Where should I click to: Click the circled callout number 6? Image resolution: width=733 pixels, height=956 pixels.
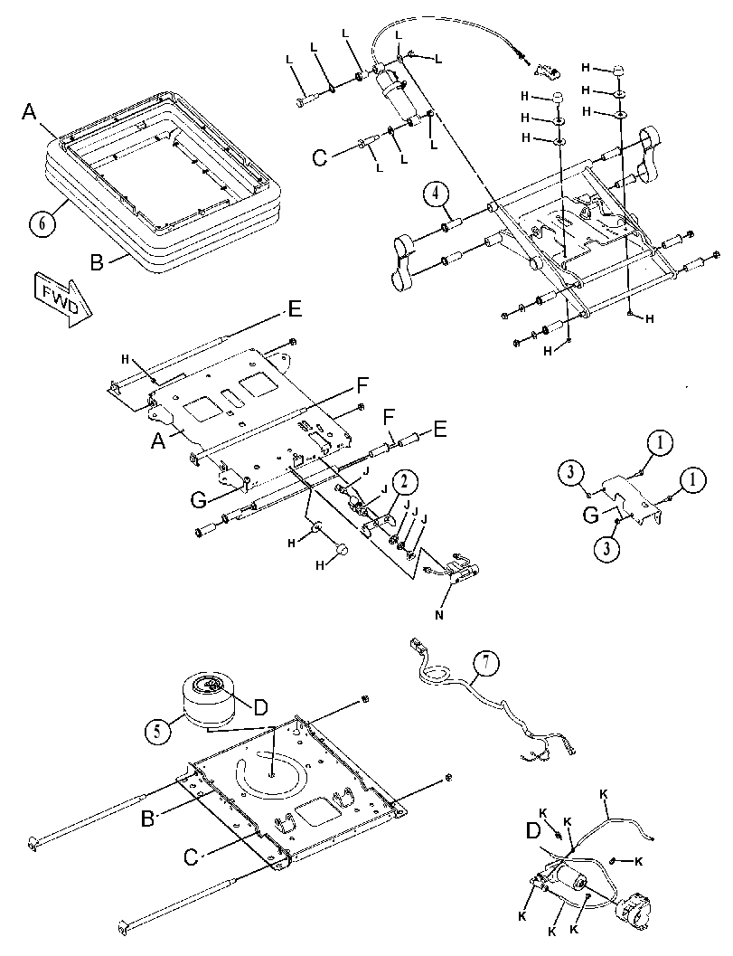click(42, 223)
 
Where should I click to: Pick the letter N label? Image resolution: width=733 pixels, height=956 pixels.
click(438, 615)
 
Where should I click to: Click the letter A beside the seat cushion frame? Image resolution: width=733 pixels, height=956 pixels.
click(29, 111)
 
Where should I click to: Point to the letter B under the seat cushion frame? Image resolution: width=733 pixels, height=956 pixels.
click(98, 263)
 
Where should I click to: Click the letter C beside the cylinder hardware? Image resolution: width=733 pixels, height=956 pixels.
click(319, 158)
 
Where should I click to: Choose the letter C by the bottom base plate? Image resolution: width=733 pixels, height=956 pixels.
click(192, 857)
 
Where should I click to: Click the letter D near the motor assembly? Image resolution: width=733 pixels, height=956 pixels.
click(533, 830)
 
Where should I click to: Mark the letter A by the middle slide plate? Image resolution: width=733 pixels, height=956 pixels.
click(158, 440)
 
